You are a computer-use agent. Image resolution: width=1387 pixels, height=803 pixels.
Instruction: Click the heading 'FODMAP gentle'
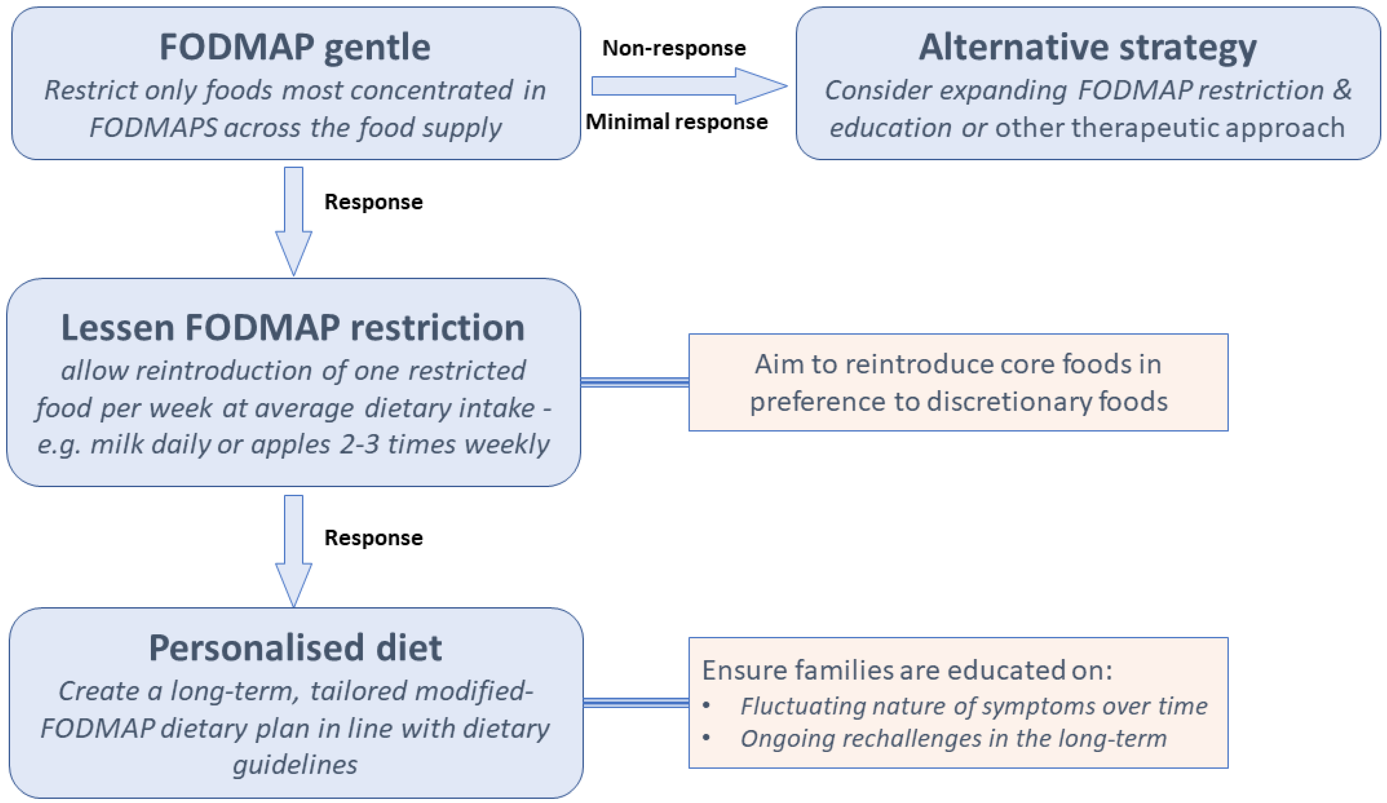point(295,47)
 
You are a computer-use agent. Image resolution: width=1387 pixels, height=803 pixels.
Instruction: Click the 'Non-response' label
point(674,48)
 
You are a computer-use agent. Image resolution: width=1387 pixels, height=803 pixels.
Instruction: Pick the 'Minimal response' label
point(676,122)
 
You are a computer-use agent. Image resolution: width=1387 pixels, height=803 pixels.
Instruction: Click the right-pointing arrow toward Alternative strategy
point(688,86)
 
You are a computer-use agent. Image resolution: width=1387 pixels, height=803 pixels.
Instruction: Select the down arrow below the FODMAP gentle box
point(293,220)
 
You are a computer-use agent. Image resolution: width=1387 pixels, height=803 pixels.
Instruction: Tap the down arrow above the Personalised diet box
point(293,550)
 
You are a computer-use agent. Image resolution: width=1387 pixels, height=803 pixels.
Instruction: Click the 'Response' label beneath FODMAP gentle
point(373,202)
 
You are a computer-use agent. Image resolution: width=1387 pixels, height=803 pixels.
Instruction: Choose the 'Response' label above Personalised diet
point(373,538)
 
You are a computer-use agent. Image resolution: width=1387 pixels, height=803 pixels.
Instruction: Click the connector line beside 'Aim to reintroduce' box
point(634,382)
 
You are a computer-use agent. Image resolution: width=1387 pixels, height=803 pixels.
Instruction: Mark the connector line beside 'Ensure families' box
point(636,702)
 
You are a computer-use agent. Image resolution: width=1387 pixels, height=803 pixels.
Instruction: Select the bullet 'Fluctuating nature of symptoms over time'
point(973,706)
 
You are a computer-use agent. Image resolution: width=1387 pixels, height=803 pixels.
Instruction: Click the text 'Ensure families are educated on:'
point(907,670)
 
